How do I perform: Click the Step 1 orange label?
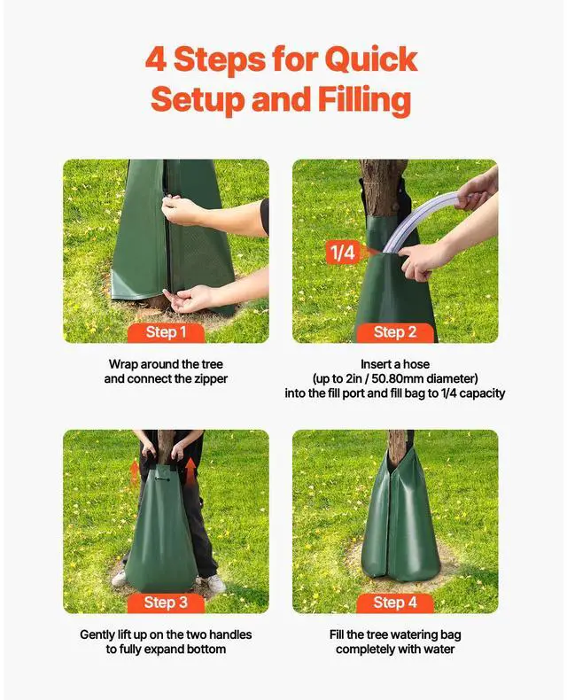(166, 332)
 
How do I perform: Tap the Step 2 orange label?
(395, 332)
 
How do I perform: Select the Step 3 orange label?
(166, 603)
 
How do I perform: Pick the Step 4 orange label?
(395, 603)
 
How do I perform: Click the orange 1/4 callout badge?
(343, 253)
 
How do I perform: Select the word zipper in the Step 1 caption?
(208, 379)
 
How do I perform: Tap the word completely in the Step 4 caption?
(369, 649)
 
